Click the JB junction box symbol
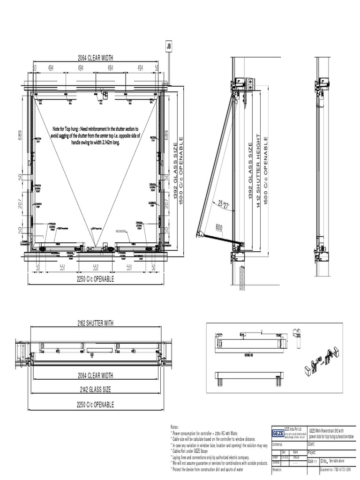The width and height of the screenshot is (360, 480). pyautogui.click(x=169, y=46)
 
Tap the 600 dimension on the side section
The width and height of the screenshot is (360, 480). pyautogui.click(x=219, y=227)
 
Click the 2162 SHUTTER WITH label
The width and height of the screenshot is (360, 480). pyautogui.click(x=95, y=323)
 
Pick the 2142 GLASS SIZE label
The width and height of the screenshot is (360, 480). pyautogui.click(x=95, y=390)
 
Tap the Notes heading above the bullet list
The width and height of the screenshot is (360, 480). pyautogui.click(x=175, y=427)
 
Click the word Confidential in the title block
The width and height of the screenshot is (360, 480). pyautogui.click(x=280, y=444)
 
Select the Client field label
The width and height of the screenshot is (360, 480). pyautogui.click(x=312, y=444)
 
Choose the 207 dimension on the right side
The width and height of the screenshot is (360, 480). pyautogui.click(x=166, y=202)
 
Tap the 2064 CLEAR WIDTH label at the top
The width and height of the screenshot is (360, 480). pyautogui.click(x=96, y=58)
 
